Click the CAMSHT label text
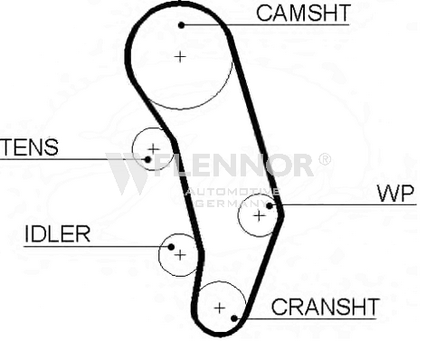point(303,13)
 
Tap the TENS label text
point(29,147)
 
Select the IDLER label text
point(57,234)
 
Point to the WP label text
point(396,194)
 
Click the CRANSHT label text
point(326,307)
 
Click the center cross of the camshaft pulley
point(180,57)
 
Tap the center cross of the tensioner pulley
point(154,149)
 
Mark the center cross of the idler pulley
point(180,255)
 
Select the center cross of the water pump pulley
point(260,216)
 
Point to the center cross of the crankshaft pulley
point(220,308)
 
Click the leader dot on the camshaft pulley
point(181,25)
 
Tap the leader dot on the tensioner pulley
point(147,159)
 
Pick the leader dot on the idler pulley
point(171,247)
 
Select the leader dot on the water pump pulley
point(270,205)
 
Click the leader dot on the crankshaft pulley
point(234,318)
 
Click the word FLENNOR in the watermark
point(233,165)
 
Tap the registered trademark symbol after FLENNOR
point(325,159)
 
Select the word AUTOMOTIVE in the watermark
point(232,192)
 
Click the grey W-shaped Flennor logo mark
point(128,174)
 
